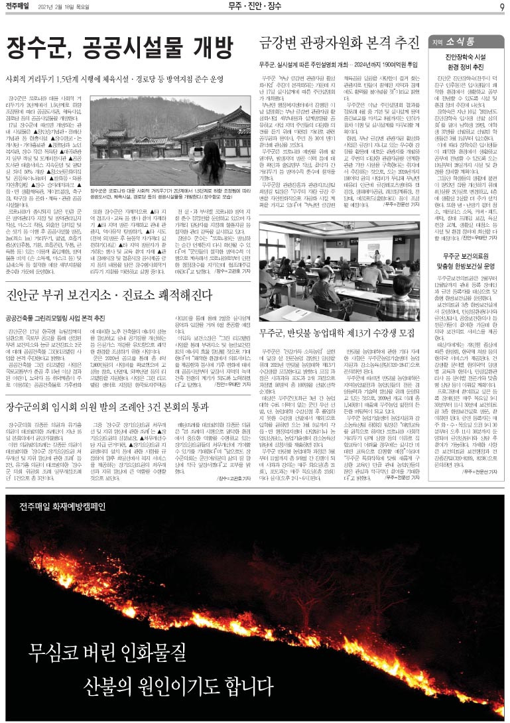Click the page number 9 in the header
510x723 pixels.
(501, 7)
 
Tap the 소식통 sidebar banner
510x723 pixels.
(465, 40)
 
